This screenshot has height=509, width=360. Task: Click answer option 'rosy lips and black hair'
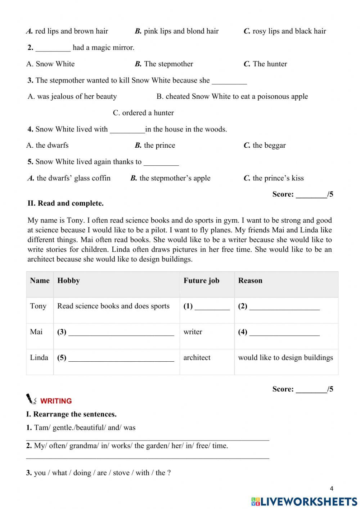[x=285, y=31]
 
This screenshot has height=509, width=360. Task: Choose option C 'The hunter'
[x=265, y=64]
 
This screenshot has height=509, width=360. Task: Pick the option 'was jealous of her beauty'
[x=72, y=97]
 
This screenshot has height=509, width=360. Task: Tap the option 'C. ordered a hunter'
[x=143, y=113]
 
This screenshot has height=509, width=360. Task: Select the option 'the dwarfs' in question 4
[x=48, y=146]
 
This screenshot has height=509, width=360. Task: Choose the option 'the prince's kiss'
[x=274, y=178]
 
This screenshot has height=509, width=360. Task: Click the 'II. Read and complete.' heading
[x=66, y=204]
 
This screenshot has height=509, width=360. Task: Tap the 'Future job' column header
[x=201, y=281]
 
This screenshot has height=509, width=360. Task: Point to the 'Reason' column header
[x=250, y=281]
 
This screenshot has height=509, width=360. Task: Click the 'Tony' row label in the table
[x=38, y=306]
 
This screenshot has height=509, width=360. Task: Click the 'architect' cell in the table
[x=197, y=358]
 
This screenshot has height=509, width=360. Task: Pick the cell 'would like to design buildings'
[x=285, y=358]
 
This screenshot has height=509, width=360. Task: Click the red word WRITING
[x=56, y=401]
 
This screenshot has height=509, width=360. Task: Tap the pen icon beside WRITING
[x=31, y=399]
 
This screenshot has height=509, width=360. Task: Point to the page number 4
[x=332, y=489]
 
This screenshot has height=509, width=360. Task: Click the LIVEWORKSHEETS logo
[x=304, y=501]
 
